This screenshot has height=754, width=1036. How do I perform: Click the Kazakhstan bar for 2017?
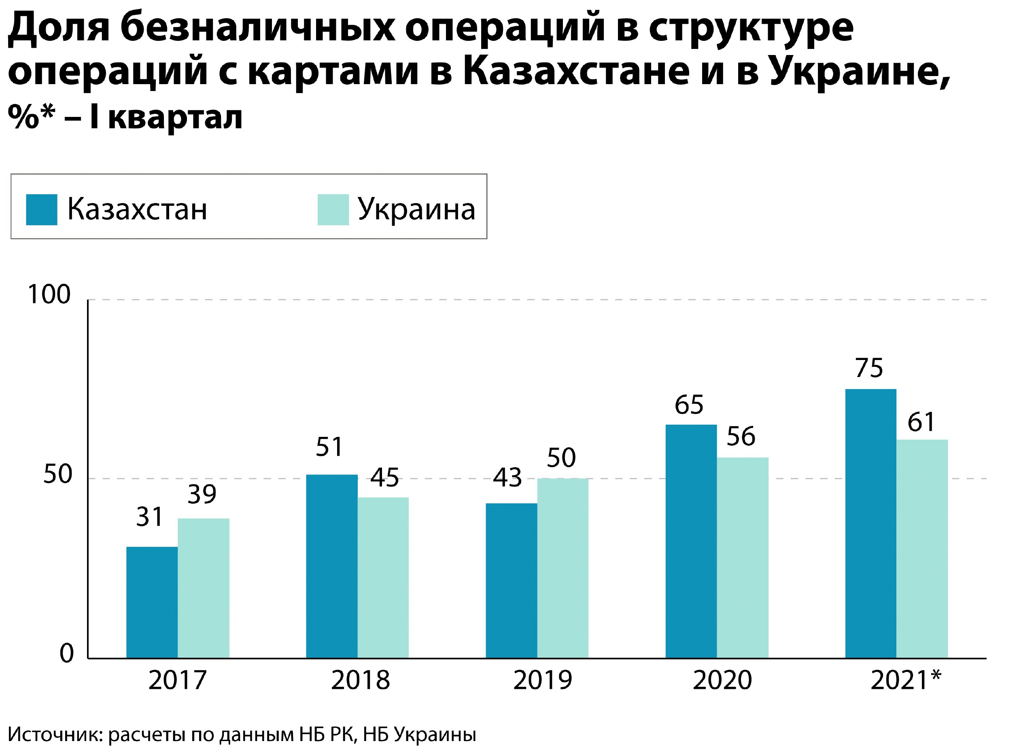coord(152,602)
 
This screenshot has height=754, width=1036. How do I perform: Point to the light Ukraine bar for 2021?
coord(922,549)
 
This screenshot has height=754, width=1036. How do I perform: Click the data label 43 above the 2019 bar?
coord(507,478)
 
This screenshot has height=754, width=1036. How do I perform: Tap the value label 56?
coord(741,436)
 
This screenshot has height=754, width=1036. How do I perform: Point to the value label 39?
coord(202,494)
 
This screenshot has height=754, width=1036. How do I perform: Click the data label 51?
coord(329,447)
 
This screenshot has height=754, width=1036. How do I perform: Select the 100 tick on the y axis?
coord(49,294)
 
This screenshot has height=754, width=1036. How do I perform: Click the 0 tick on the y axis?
coord(67,654)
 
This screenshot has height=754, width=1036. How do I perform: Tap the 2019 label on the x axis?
coord(543,680)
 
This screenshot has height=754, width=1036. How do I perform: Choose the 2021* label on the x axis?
coord(906,680)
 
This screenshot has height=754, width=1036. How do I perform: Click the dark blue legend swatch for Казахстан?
coord(42,210)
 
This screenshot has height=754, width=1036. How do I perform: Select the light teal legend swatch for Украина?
coord(333,210)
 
